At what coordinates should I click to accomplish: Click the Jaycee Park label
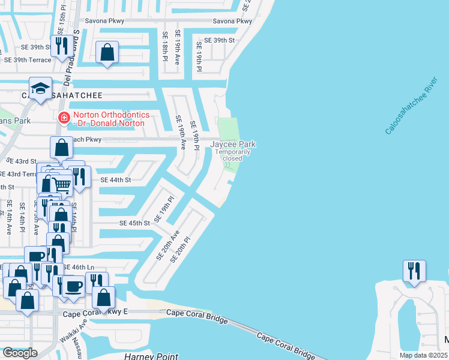233,144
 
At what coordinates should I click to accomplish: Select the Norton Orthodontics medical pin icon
63,119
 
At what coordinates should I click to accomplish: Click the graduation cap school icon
40,89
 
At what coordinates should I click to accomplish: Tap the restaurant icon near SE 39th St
62,46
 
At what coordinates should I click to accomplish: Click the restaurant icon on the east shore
414,271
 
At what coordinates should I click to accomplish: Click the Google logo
19,353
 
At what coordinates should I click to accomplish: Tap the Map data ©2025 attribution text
423,355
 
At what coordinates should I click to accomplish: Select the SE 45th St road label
134,223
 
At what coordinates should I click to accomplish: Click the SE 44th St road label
116,180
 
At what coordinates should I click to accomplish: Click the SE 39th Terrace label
28,60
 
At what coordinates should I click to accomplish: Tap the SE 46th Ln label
79,267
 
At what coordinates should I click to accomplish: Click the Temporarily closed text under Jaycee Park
233,155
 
